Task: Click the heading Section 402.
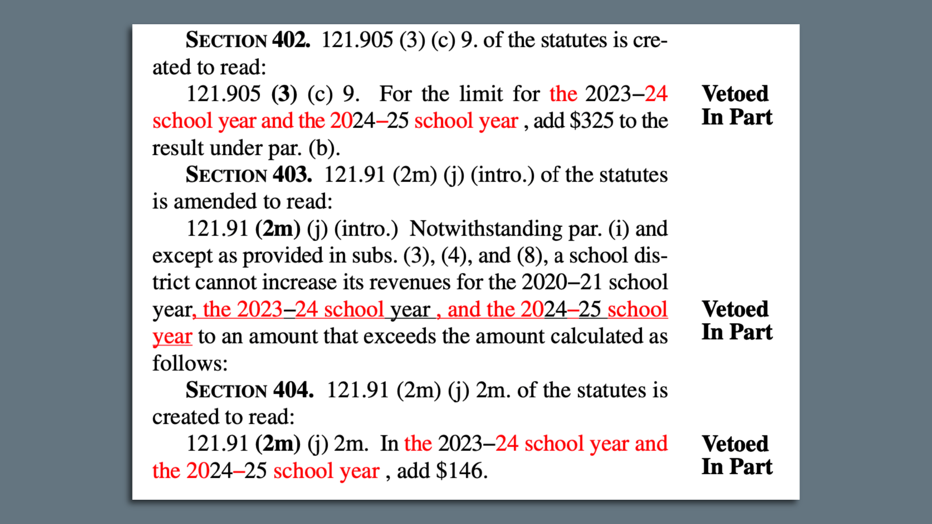pos(248,40)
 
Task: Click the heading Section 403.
pos(249,175)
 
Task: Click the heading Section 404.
pos(250,390)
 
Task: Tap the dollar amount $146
pos(461,471)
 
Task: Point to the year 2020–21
pos(562,282)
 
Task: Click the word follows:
pos(190,363)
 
